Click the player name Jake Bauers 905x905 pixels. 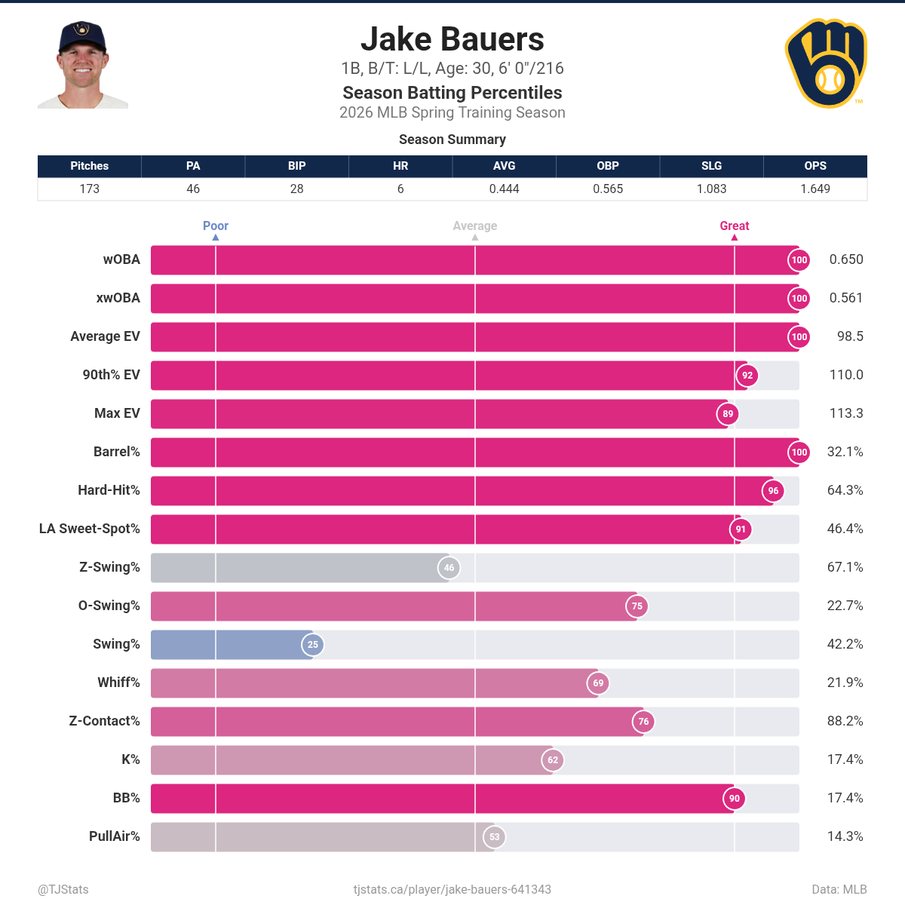click(x=452, y=39)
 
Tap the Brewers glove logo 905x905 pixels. click(x=826, y=64)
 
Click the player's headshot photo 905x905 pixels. click(x=82, y=65)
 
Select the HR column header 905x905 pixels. click(x=400, y=166)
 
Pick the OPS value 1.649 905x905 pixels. click(x=814, y=189)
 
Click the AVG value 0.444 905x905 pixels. click(x=504, y=189)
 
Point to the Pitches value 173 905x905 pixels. click(x=89, y=189)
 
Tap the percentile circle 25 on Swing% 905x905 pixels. click(x=313, y=644)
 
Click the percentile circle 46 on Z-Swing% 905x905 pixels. click(x=449, y=568)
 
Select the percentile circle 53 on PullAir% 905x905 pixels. click(x=494, y=836)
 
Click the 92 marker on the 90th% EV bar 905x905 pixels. click(x=747, y=376)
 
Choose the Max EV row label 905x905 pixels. click(x=117, y=413)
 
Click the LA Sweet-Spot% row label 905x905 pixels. click(x=89, y=529)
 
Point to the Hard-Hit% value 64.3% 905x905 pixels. click(x=845, y=490)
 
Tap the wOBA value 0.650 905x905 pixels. click(x=845, y=259)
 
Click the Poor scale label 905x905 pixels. click(x=215, y=225)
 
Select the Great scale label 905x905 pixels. click(x=734, y=225)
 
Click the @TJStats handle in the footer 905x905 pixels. click(x=63, y=890)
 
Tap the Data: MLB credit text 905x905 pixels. click(x=839, y=890)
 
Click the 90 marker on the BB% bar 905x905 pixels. click(x=734, y=798)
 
